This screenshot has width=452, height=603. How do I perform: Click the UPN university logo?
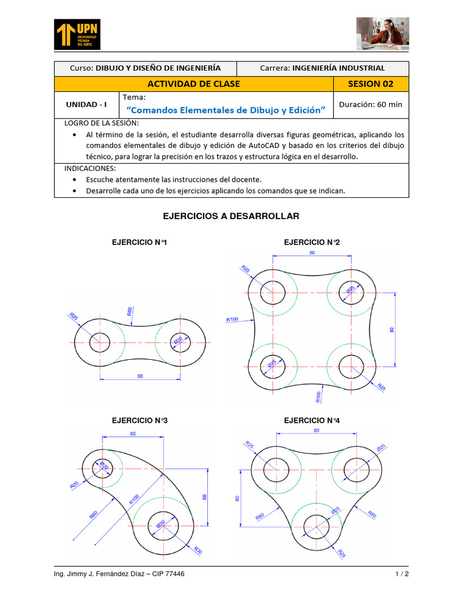tap(77, 34)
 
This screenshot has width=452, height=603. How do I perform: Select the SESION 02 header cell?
tap(371, 84)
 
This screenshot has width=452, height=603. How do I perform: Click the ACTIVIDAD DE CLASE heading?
tap(193, 84)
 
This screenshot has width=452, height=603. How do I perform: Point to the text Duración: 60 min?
tap(371, 104)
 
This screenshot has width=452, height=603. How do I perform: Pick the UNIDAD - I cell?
tap(87, 104)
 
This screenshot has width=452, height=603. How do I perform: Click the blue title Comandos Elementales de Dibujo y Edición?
tap(226, 110)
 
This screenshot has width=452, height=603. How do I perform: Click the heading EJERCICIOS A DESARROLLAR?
tap(231, 216)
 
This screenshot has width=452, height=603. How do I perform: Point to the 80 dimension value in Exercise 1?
tap(140, 376)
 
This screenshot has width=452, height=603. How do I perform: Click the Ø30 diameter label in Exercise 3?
tap(161, 524)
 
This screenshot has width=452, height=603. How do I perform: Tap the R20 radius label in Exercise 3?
tap(75, 485)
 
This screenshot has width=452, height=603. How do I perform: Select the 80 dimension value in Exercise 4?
tap(317, 430)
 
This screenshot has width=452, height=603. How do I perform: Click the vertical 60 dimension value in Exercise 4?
tap(238, 498)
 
